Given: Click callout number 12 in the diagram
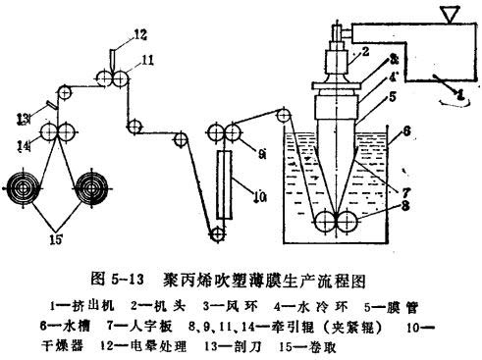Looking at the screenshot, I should pyautogui.click(x=140, y=36).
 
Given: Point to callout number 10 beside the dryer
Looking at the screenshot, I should pyautogui.click(x=234, y=196).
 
